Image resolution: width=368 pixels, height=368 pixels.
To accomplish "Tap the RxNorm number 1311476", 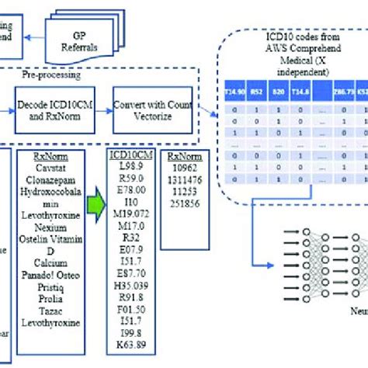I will (x=186, y=179).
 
